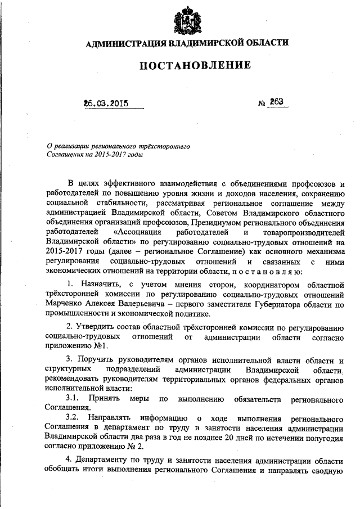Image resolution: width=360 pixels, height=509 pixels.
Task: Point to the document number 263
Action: click(x=276, y=102)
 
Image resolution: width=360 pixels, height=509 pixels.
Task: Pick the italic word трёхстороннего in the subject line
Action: click(x=167, y=145)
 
